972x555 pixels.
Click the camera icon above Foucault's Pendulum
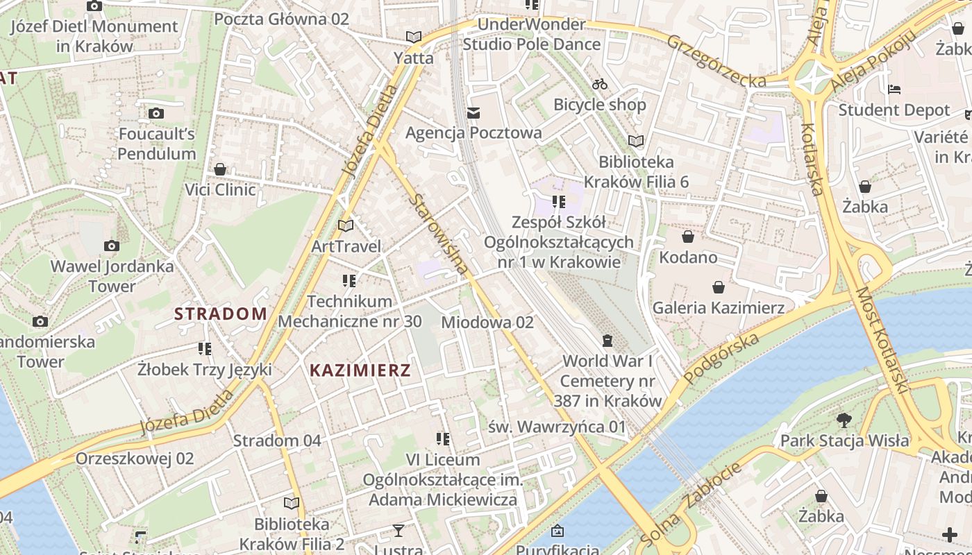click(156, 113)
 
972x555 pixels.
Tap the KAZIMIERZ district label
click(360, 370)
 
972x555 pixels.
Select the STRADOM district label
click(221, 314)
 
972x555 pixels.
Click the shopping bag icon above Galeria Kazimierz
click(719, 287)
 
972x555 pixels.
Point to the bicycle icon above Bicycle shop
click(600, 85)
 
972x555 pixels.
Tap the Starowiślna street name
click(437, 234)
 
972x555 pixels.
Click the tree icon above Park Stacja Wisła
click(844, 420)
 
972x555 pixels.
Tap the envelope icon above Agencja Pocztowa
click(474, 112)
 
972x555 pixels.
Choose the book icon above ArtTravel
click(346, 225)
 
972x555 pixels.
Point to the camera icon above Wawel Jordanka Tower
click(112, 246)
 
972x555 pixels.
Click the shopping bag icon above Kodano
click(688, 237)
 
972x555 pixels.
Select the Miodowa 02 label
click(487, 322)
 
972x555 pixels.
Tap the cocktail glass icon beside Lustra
click(398, 531)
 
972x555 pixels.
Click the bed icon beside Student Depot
click(895, 89)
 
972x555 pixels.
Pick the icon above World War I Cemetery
click(607, 341)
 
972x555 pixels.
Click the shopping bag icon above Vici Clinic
click(220, 169)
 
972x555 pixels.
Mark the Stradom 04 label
click(277, 441)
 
